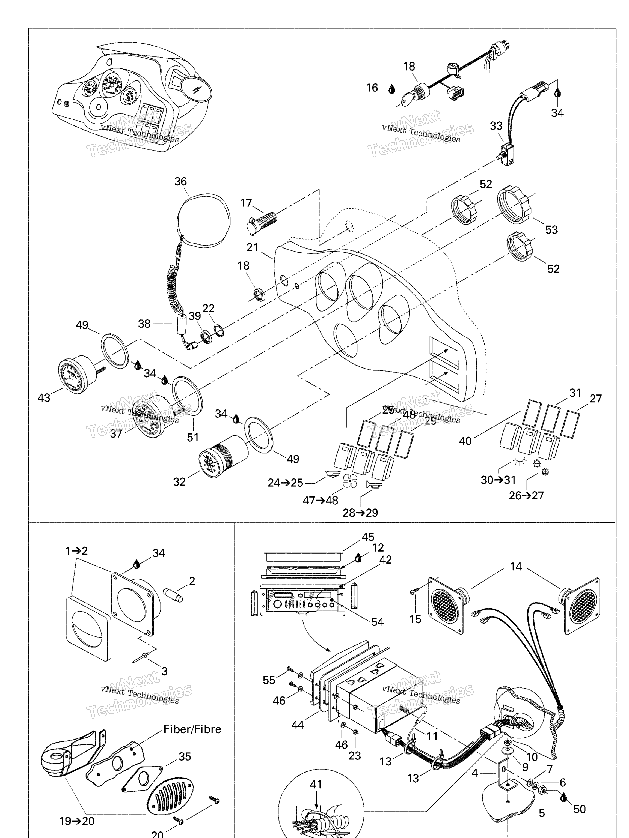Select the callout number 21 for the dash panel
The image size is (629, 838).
click(x=253, y=247)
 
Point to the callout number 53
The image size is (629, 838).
click(x=551, y=230)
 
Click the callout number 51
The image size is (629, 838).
click(x=193, y=438)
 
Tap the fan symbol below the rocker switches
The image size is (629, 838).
click(x=349, y=481)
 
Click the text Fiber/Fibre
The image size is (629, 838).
click(x=192, y=729)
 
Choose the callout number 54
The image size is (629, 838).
click(x=377, y=622)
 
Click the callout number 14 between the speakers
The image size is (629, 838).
click(x=516, y=567)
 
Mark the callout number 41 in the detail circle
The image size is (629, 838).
click(x=316, y=785)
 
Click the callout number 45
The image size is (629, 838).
click(x=368, y=537)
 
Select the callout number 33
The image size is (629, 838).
click(x=496, y=126)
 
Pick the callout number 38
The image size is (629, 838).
click(x=144, y=324)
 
